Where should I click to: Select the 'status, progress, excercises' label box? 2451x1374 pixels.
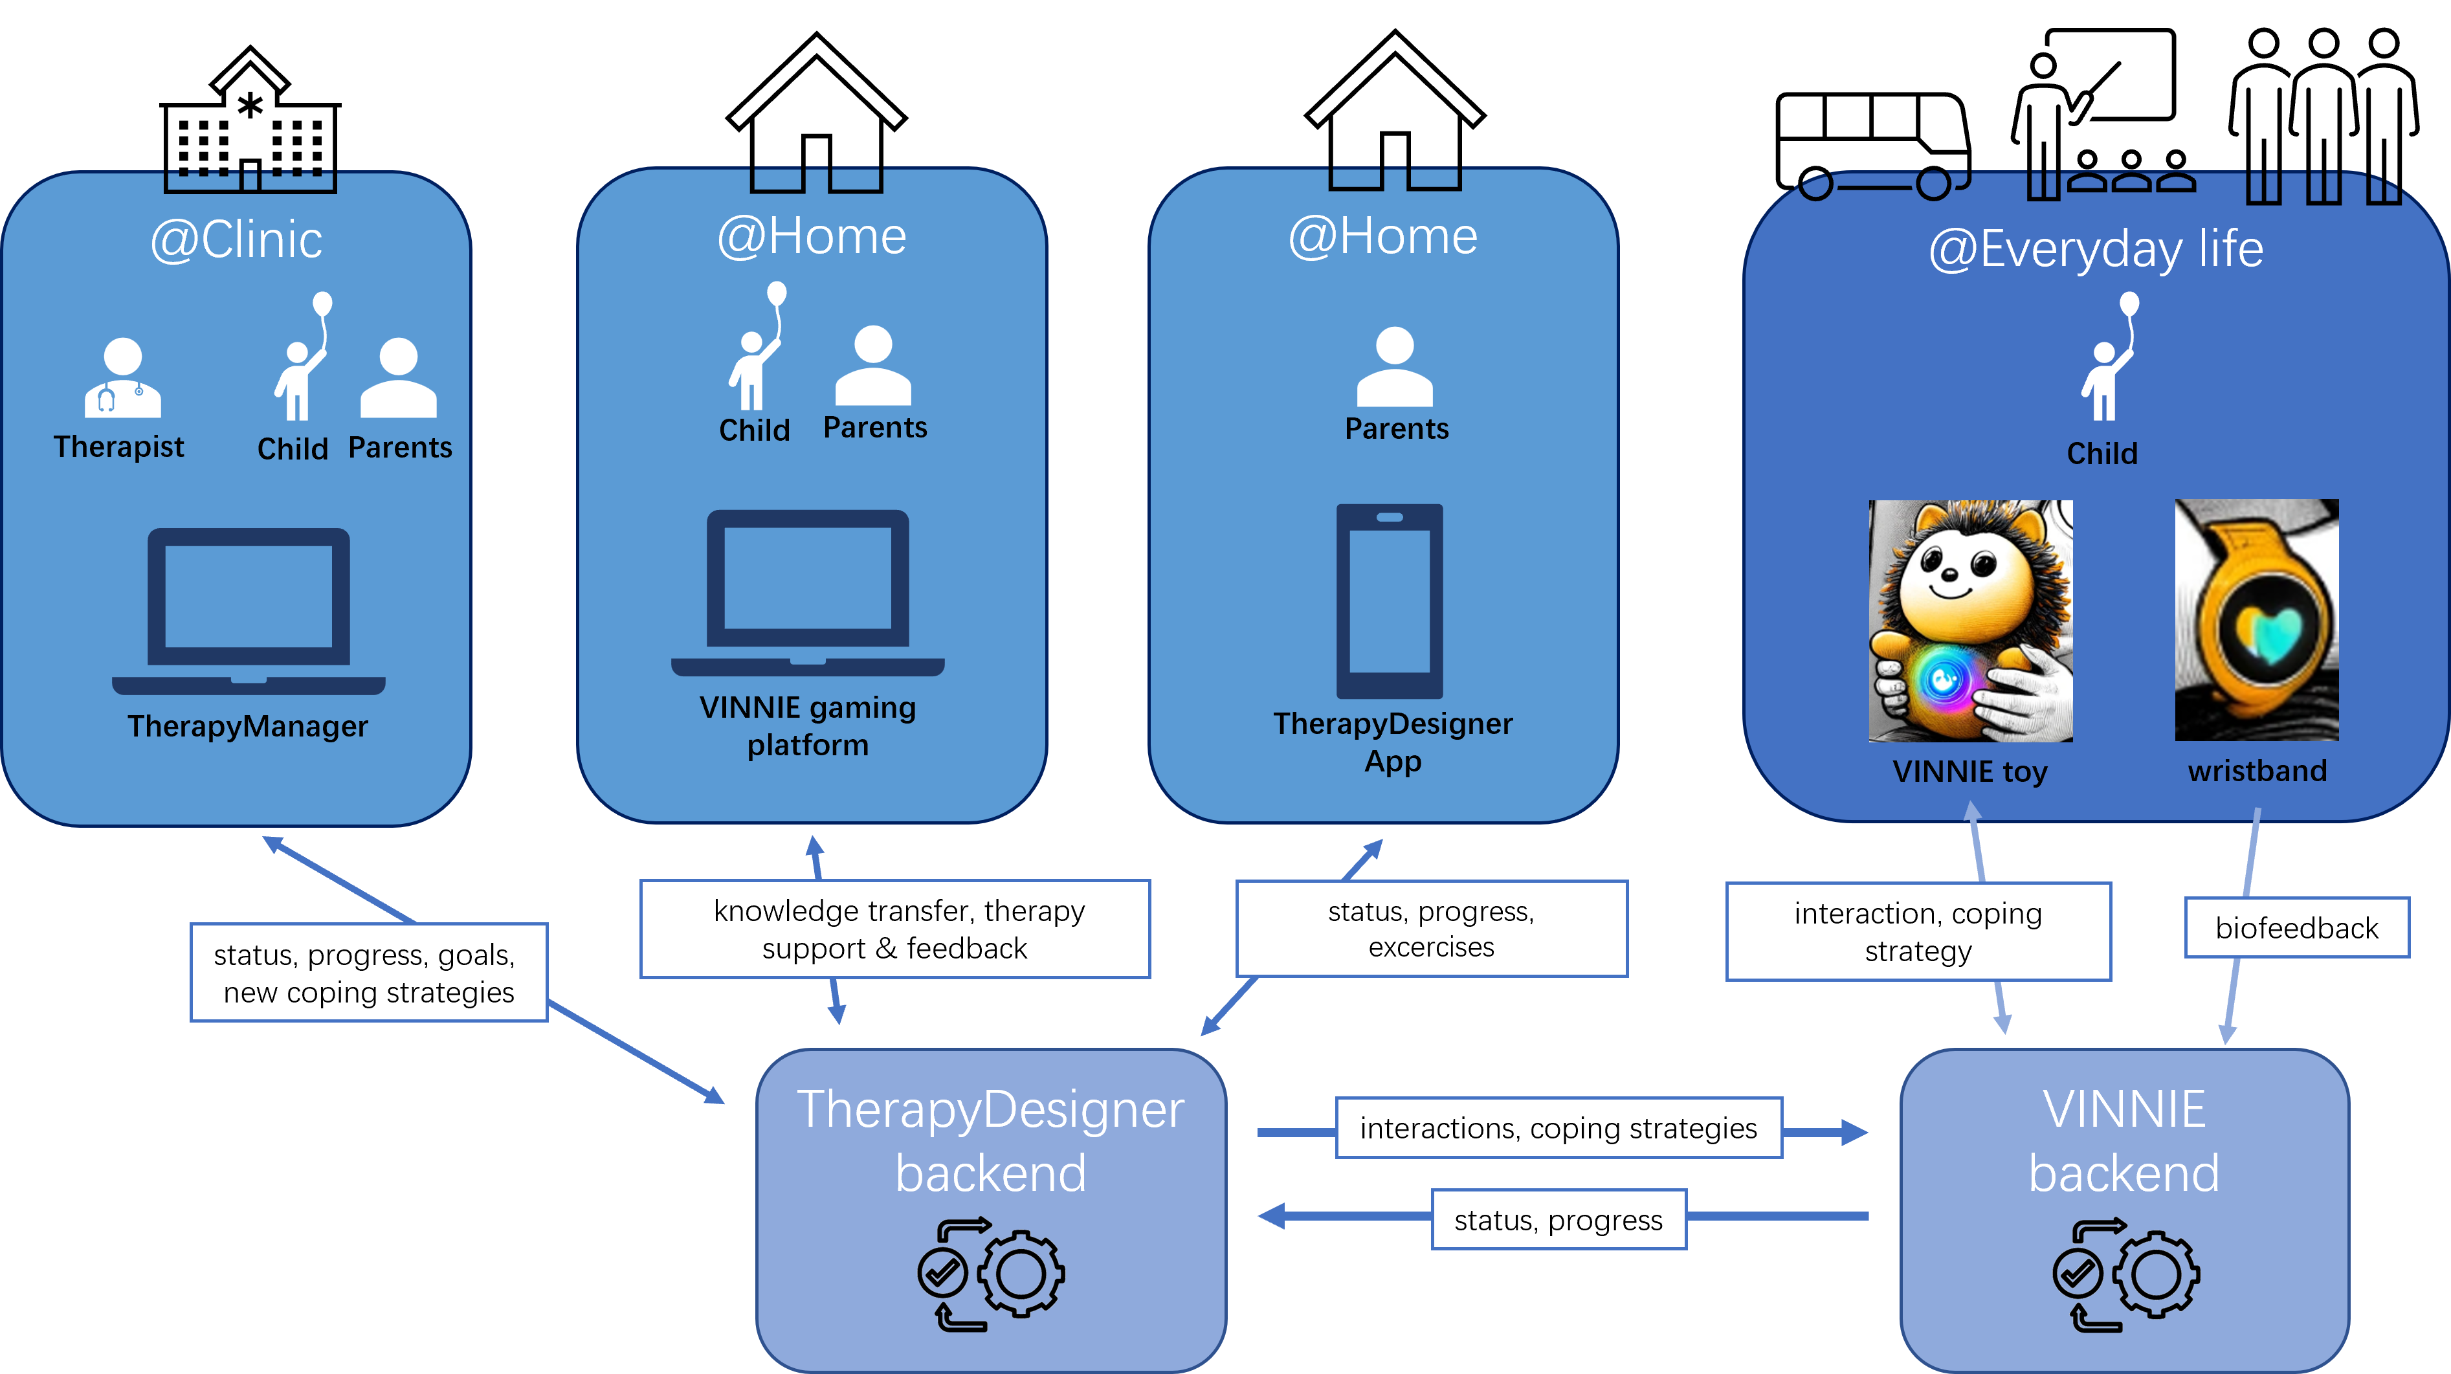pyautogui.click(x=1431, y=929)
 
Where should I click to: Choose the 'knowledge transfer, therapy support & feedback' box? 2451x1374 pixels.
pyautogui.click(x=894, y=929)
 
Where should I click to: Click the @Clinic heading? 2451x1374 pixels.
pyautogui.click(x=236, y=239)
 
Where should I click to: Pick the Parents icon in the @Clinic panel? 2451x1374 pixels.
pyautogui.click(x=399, y=379)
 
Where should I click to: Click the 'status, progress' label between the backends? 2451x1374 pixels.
pyautogui.click(x=1558, y=1220)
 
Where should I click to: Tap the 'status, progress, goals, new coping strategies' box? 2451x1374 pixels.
pyautogui.click(x=368, y=973)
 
